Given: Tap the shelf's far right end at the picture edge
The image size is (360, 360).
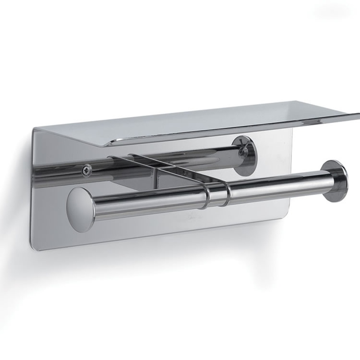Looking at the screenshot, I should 356,116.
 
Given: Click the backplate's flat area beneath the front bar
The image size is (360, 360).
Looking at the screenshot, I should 161,229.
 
